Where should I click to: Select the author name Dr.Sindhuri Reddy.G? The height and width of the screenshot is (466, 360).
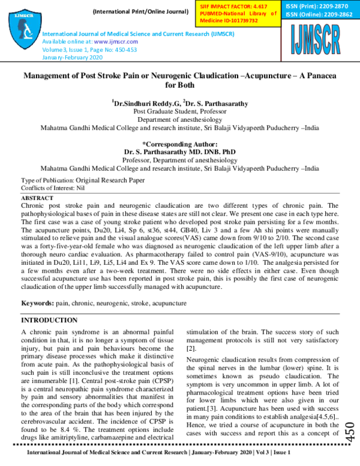click(x=145, y=103)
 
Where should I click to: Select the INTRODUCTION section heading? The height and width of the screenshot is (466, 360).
click(x=49, y=321)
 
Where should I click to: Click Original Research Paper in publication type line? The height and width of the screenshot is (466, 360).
click(x=110, y=180)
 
